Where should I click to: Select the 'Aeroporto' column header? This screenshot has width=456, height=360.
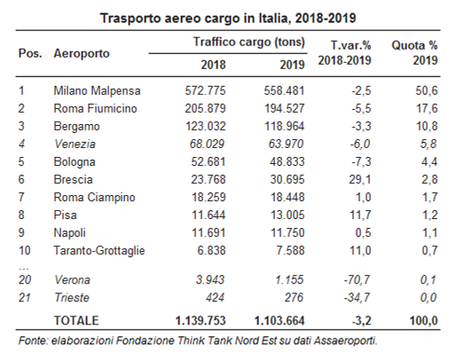pyautogui.click(x=82, y=54)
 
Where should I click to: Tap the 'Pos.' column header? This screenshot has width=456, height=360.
pyautogui.click(x=30, y=53)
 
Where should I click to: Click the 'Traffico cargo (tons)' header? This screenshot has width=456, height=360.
pyautogui.click(x=249, y=42)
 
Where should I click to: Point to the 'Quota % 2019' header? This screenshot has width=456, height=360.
pyautogui.click(x=414, y=53)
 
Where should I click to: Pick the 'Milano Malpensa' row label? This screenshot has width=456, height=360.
pyautogui.click(x=97, y=90)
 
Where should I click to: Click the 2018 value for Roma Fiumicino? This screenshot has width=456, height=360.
pyautogui.click(x=205, y=108)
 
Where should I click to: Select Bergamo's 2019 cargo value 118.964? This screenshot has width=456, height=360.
pyautogui.click(x=284, y=126)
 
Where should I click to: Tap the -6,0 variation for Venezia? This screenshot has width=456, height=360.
pyautogui.click(x=360, y=144)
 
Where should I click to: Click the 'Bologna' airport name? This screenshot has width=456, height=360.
pyautogui.click(x=75, y=162)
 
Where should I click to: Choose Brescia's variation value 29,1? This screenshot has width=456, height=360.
pyautogui.click(x=359, y=179)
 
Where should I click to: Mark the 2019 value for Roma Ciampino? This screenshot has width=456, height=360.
pyautogui.click(x=287, y=197)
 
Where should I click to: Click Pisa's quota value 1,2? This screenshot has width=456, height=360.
pyautogui.click(x=429, y=215)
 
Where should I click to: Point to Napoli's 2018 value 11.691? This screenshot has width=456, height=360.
pyautogui.click(x=208, y=232)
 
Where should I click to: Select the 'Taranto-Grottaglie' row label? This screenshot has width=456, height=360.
pyautogui.click(x=99, y=251)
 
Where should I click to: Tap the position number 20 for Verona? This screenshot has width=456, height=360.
pyautogui.click(x=25, y=279)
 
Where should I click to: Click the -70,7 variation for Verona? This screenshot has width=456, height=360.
pyautogui.click(x=357, y=279)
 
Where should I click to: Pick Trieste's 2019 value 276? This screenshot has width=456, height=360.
pyautogui.click(x=294, y=297)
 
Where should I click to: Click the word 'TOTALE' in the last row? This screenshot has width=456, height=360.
pyautogui.click(x=76, y=321)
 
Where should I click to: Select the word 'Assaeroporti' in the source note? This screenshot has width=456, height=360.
pyautogui.click(x=345, y=340)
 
